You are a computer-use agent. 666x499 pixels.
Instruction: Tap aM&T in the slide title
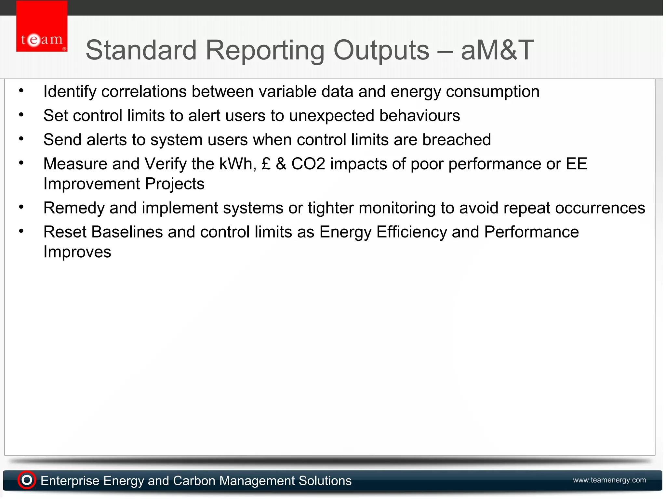point(497,50)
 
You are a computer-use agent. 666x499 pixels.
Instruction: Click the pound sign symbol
point(266,164)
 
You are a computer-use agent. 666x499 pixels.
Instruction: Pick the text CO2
point(308,164)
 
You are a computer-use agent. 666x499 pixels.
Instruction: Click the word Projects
point(175,184)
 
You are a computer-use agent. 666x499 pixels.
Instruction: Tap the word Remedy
point(74,208)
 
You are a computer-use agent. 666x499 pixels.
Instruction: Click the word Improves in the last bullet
point(77,252)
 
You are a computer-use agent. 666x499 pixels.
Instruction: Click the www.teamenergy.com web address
point(609,480)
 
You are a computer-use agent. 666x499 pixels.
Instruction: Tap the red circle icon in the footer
point(27,480)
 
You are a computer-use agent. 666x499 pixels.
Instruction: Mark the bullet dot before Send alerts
point(21,139)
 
